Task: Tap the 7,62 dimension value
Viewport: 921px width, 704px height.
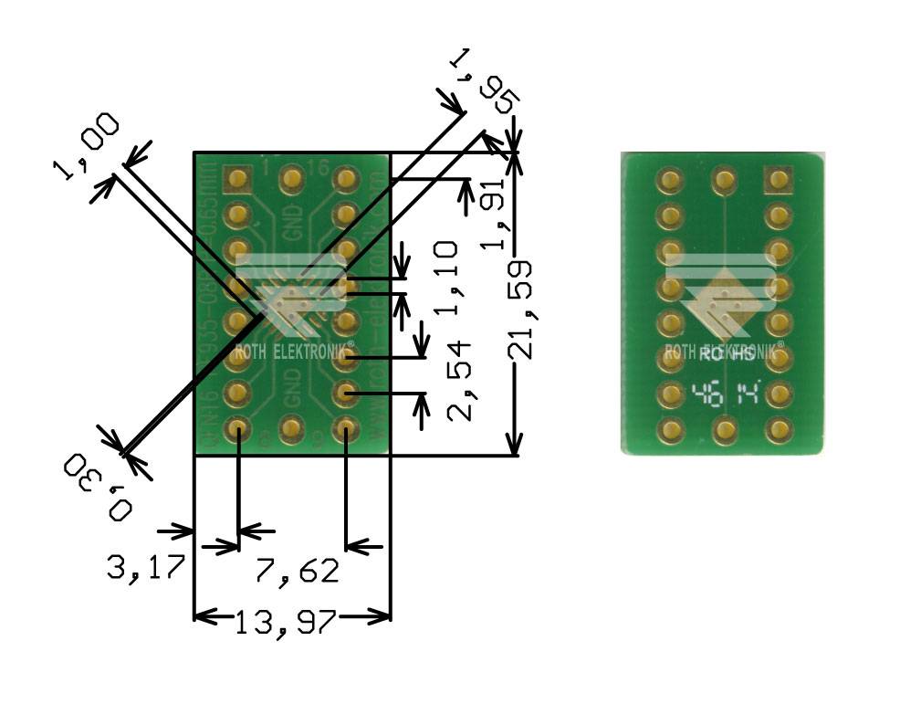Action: click(x=298, y=571)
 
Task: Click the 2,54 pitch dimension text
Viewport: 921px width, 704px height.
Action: click(x=461, y=380)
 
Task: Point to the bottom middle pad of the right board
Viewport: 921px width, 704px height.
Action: click(x=724, y=428)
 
